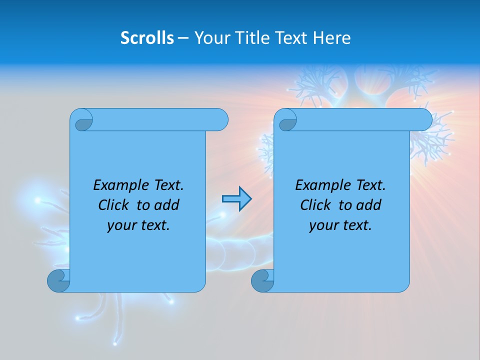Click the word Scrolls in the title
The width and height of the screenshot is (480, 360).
147,38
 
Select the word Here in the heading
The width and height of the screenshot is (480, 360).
332,38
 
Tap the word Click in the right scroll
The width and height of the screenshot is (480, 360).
315,205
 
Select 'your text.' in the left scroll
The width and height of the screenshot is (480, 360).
138,225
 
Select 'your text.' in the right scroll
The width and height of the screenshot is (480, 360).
340,225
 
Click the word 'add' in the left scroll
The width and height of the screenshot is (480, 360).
167,205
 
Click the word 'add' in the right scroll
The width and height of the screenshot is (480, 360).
369,205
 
